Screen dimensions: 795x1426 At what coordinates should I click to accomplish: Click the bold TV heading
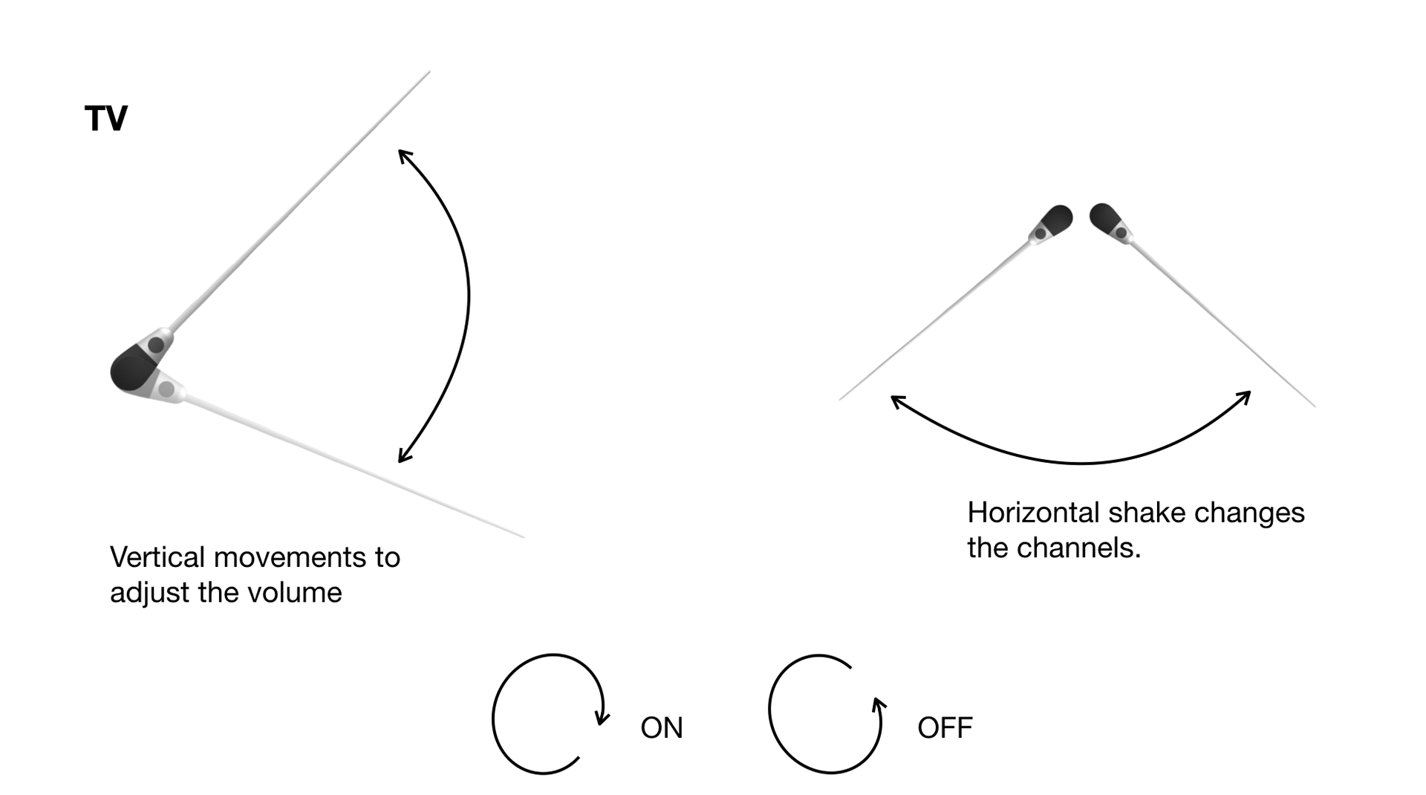(x=106, y=119)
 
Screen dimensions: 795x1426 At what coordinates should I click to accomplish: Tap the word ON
(x=661, y=728)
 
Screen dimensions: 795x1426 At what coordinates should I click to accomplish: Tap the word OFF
(x=945, y=728)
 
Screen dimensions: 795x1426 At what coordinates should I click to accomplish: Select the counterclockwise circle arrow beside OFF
(x=825, y=714)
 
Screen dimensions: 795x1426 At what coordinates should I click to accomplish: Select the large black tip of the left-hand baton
(x=131, y=369)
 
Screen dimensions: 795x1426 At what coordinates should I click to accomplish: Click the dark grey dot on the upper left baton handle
(x=156, y=345)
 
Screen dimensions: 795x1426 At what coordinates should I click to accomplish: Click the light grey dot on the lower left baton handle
(x=167, y=389)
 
